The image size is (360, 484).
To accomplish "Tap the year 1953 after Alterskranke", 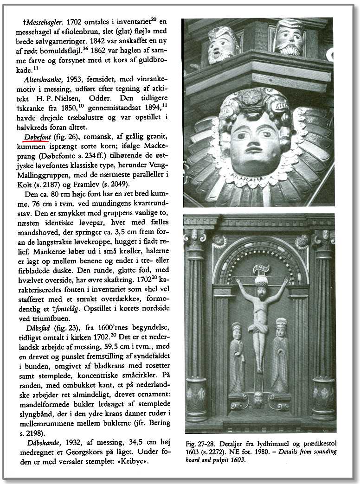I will [77, 79].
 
